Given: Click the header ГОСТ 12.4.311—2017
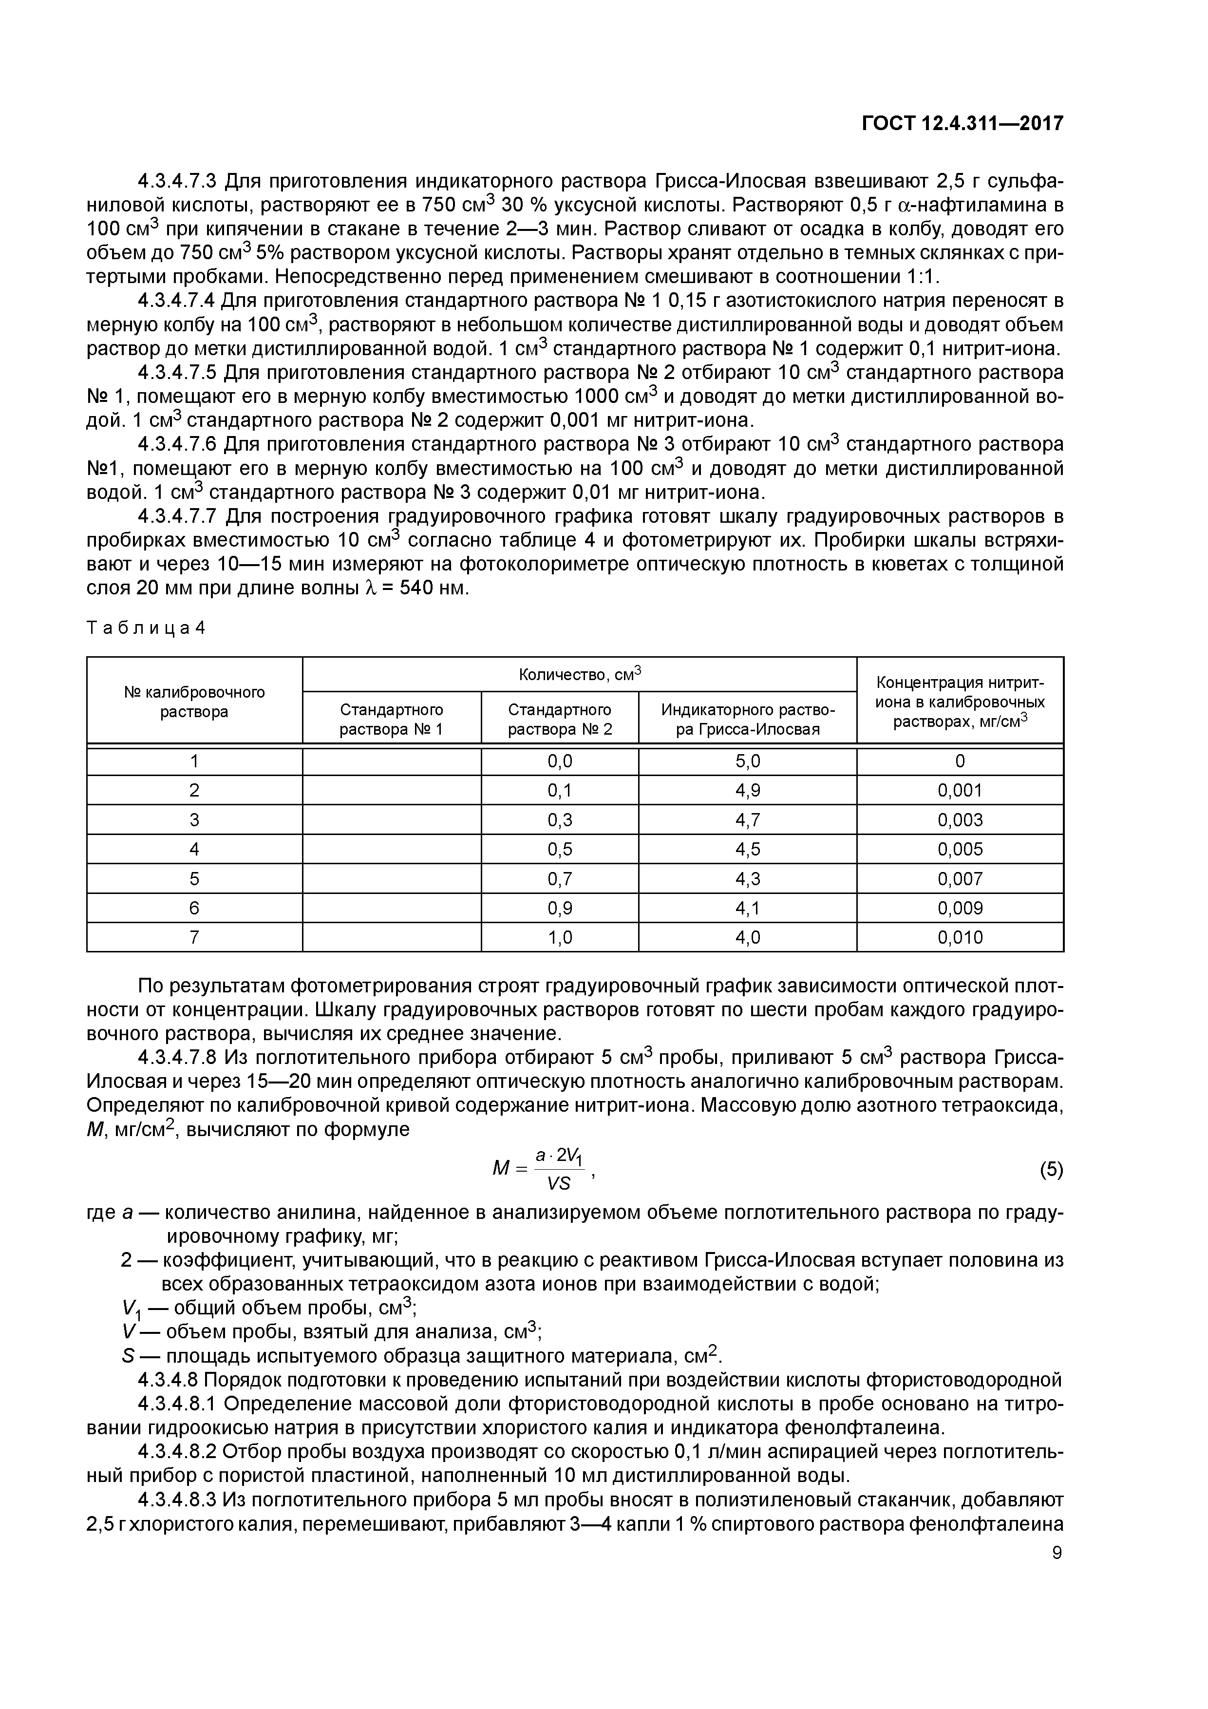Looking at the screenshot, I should [962, 123].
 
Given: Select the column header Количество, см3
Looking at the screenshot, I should [579, 674].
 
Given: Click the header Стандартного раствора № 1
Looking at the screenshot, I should [392, 719].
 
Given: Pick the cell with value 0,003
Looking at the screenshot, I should [960, 819].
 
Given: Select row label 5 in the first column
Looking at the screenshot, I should [194, 878].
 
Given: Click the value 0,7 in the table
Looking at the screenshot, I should [560, 878].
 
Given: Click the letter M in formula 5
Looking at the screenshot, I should [500, 1169].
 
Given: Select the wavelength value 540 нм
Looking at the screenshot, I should [433, 588].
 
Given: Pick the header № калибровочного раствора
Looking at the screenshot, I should [194, 701].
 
